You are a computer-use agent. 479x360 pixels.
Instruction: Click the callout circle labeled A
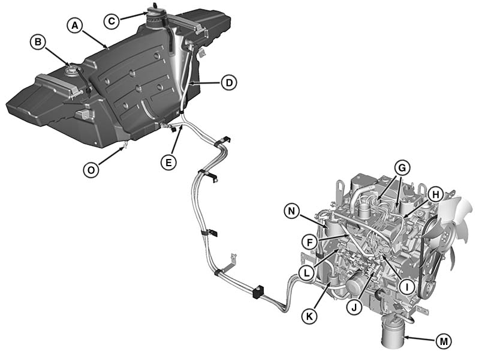point(75,26)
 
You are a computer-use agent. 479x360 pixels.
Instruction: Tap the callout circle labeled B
point(38,42)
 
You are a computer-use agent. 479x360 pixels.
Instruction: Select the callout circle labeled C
point(112,21)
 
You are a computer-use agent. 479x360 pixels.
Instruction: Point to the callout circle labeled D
point(228,83)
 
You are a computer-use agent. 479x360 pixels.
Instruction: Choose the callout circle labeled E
point(168,162)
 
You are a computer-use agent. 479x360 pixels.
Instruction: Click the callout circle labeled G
point(402,168)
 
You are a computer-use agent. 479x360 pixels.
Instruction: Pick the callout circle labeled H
point(435,194)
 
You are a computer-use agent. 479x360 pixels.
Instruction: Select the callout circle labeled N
point(292,211)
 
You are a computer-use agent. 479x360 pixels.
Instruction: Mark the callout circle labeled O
point(91,170)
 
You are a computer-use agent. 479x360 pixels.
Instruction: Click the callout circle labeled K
point(309,316)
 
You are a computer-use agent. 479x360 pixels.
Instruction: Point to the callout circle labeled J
point(354,307)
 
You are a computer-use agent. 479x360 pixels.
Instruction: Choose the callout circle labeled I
point(406,287)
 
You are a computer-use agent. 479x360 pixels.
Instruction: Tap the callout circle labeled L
point(307,272)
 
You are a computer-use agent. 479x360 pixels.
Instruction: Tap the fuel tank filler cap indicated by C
point(156,17)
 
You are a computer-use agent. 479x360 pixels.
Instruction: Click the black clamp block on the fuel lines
point(258,291)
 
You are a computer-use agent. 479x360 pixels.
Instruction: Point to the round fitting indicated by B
point(71,69)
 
